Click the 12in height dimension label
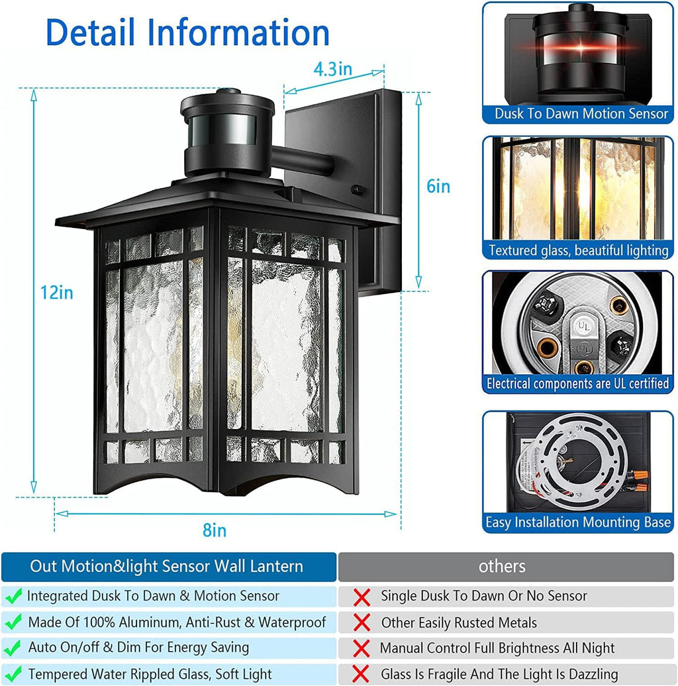tap(56, 292)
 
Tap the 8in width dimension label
tap(215, 530)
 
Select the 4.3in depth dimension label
tap(332, 69)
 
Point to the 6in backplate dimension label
tap(438, 187)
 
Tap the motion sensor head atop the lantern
tap(227, 132)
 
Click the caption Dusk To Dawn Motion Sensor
tap(581, 114)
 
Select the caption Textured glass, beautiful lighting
tap(578, 250)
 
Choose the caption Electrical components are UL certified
tap(578, 383)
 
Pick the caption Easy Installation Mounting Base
tap(578, 522)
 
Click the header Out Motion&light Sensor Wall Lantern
tap(166, 566)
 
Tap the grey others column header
tap(502, 566)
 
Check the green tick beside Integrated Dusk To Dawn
tap(13, 596)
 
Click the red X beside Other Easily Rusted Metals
tap(362, 623)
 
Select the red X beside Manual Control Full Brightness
tap(362, 649)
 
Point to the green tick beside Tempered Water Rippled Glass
tap(13, 675)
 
